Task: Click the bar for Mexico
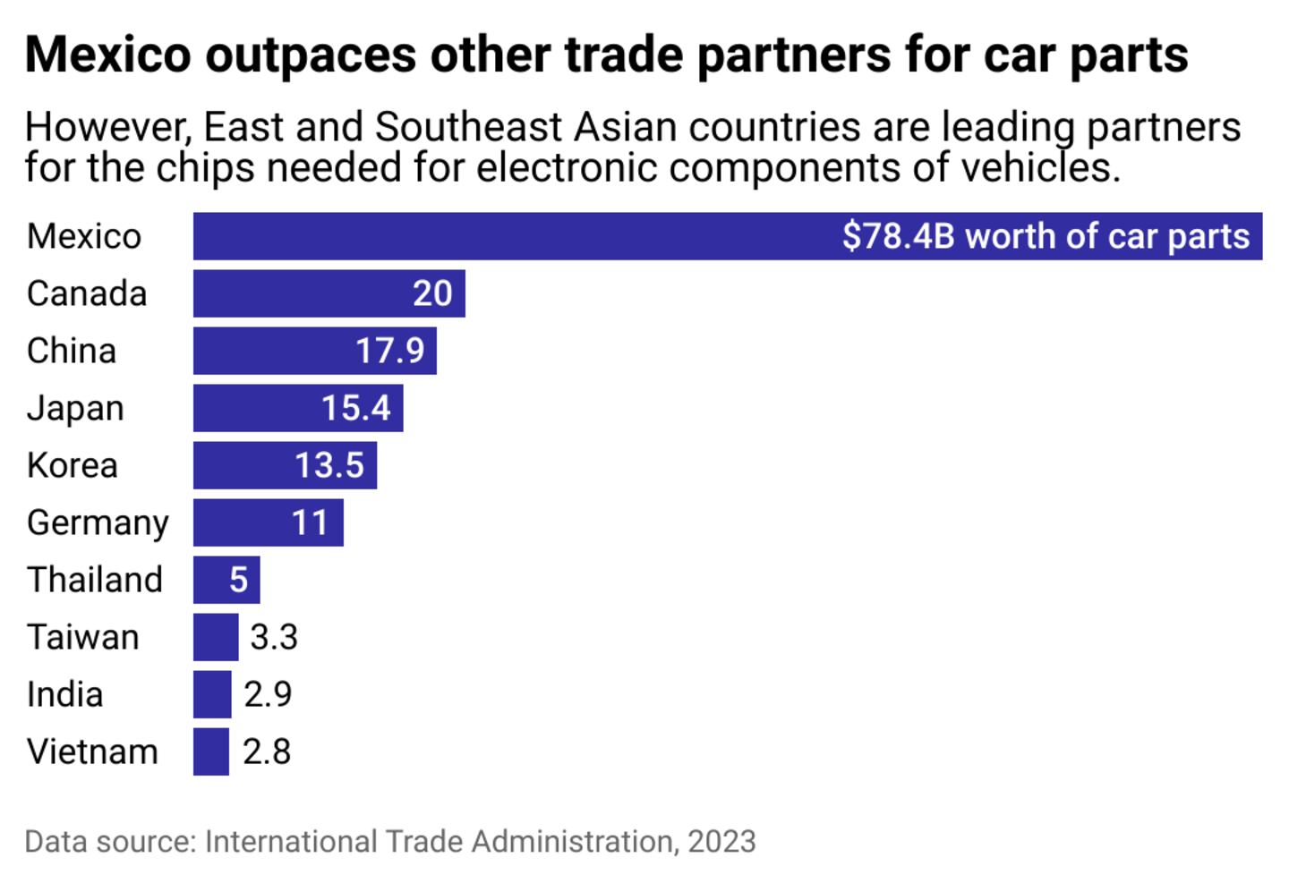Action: (x=510, y=236)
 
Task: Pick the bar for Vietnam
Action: (x=211, y=751)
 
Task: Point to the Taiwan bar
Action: (x=216, y=637)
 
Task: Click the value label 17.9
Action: (x=390, y=351)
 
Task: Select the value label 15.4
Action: (x=356, y=408)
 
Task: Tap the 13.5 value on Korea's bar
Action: (x=329, y=465)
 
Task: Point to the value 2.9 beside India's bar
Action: (x=268, y=694)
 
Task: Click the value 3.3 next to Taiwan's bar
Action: (x=274, y=637)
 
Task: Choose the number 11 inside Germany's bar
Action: (x=310, y=522)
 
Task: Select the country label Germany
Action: (x=98, y=522)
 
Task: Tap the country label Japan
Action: (x=75, y=408)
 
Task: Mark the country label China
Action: (x=72, y=351)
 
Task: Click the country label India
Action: (x=64, y=694)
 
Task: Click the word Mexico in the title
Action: (x=108, y=55)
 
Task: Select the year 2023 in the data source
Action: (x=721, y=842)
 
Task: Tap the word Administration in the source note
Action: (x=572, y=842)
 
